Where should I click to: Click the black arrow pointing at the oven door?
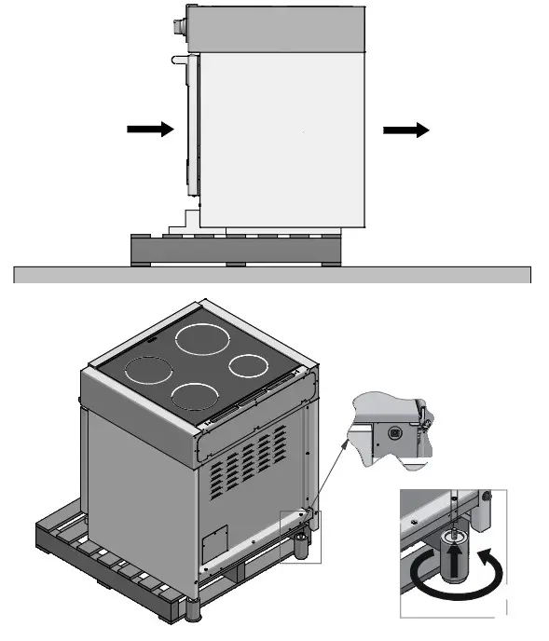coord(150,130)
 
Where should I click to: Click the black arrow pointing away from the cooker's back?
coord(406,130)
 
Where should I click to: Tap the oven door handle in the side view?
coord(179,59)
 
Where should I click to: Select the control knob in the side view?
coord(178,22)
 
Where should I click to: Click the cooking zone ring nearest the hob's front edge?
coord(195,398)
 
